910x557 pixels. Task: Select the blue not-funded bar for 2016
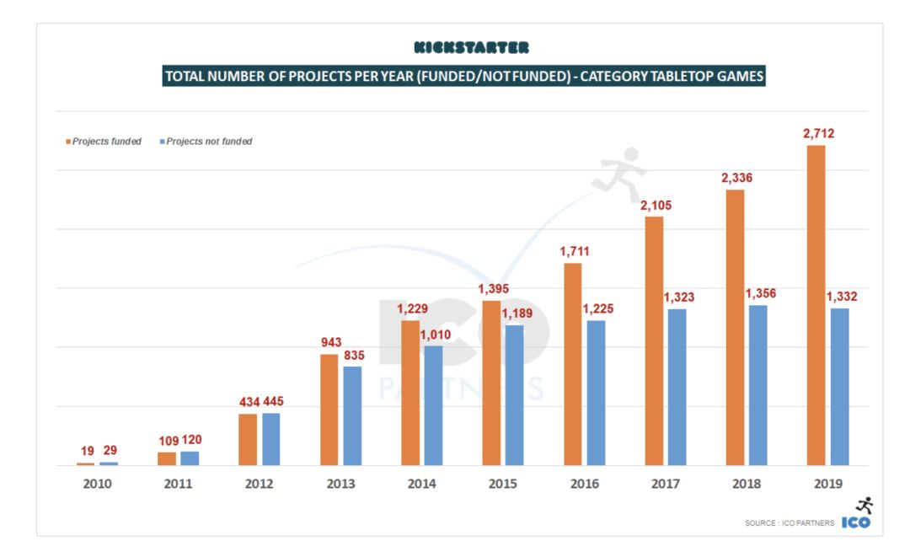coord(596,393)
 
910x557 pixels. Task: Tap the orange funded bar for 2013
coord(329,410)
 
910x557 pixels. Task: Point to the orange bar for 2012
coord(248,439)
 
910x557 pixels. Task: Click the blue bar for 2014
coord(433,405)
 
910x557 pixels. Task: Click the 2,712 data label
coord(817,133)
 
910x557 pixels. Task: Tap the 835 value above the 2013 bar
coord(352,355)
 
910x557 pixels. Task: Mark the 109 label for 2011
coord(168,440)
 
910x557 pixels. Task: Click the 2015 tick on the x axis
coord(503,485)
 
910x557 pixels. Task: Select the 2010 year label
coord(98,485)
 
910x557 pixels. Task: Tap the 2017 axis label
coord(665,485)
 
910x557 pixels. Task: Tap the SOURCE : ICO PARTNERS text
coord(790,523)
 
